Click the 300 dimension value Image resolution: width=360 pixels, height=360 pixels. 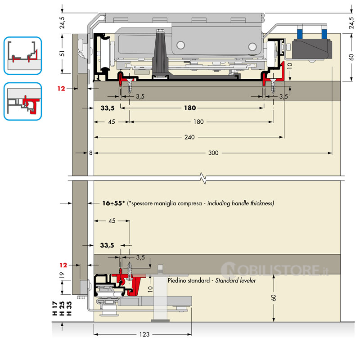pos(213,153)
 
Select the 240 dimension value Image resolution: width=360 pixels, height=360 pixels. pos(189,137)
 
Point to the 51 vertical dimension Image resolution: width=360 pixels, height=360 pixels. pos(63,53)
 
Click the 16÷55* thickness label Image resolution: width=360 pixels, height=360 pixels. pos(113,203)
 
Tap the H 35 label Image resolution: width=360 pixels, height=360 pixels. pos(69,310)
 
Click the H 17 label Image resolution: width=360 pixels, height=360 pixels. pos(55,310)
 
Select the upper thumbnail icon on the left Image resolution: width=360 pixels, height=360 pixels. pos(22,55)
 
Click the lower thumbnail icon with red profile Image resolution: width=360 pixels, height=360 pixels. pos(22,101)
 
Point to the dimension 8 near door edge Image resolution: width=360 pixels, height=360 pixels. pos(90,153)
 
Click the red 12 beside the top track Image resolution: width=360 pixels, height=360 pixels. pos(62,89)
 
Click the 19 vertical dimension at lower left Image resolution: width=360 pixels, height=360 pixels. pos(63,275)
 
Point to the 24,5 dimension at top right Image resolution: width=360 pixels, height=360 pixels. pos(351,22)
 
